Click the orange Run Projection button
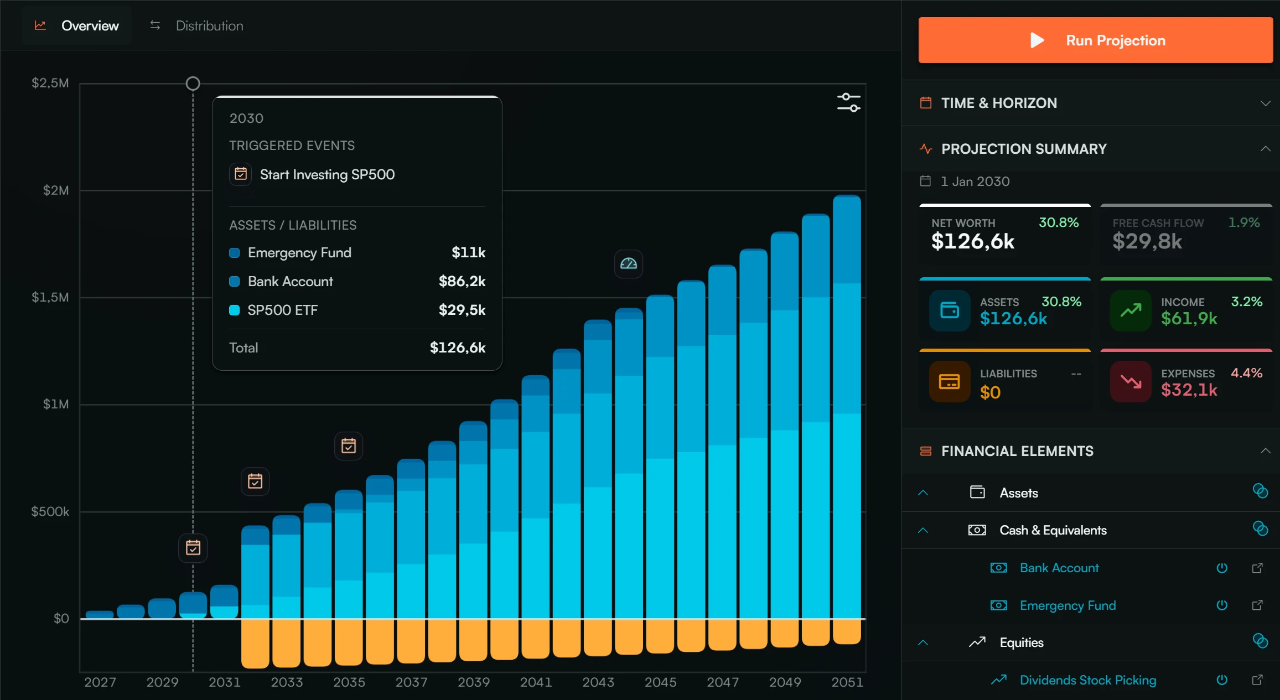1095,40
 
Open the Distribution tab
209,25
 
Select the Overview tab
90,25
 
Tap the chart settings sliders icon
848,102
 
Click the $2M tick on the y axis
56,190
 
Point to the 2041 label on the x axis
536,682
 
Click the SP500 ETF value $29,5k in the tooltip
462,310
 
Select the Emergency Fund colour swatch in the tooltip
234,253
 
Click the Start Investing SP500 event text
327,175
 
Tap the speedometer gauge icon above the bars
629,264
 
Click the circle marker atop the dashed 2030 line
193,84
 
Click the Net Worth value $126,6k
972,241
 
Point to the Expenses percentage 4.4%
1246,373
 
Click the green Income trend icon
1131,310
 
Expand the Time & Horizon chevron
1265,103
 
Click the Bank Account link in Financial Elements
1059,568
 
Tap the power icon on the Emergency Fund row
1222,605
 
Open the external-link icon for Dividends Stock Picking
1257,680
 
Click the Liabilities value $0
990,392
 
